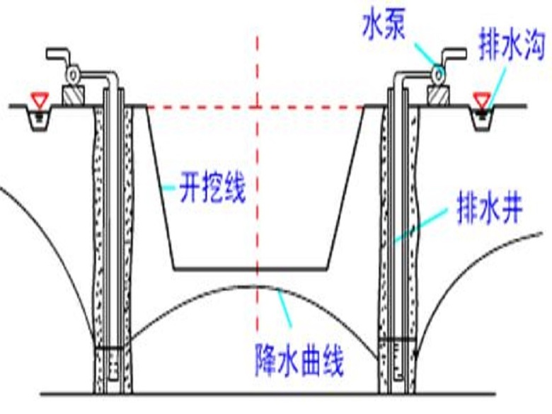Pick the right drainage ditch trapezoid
click(x=484, y=117)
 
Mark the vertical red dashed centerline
click(x=258, y=177)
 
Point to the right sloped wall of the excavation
click(x=347, y=188)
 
